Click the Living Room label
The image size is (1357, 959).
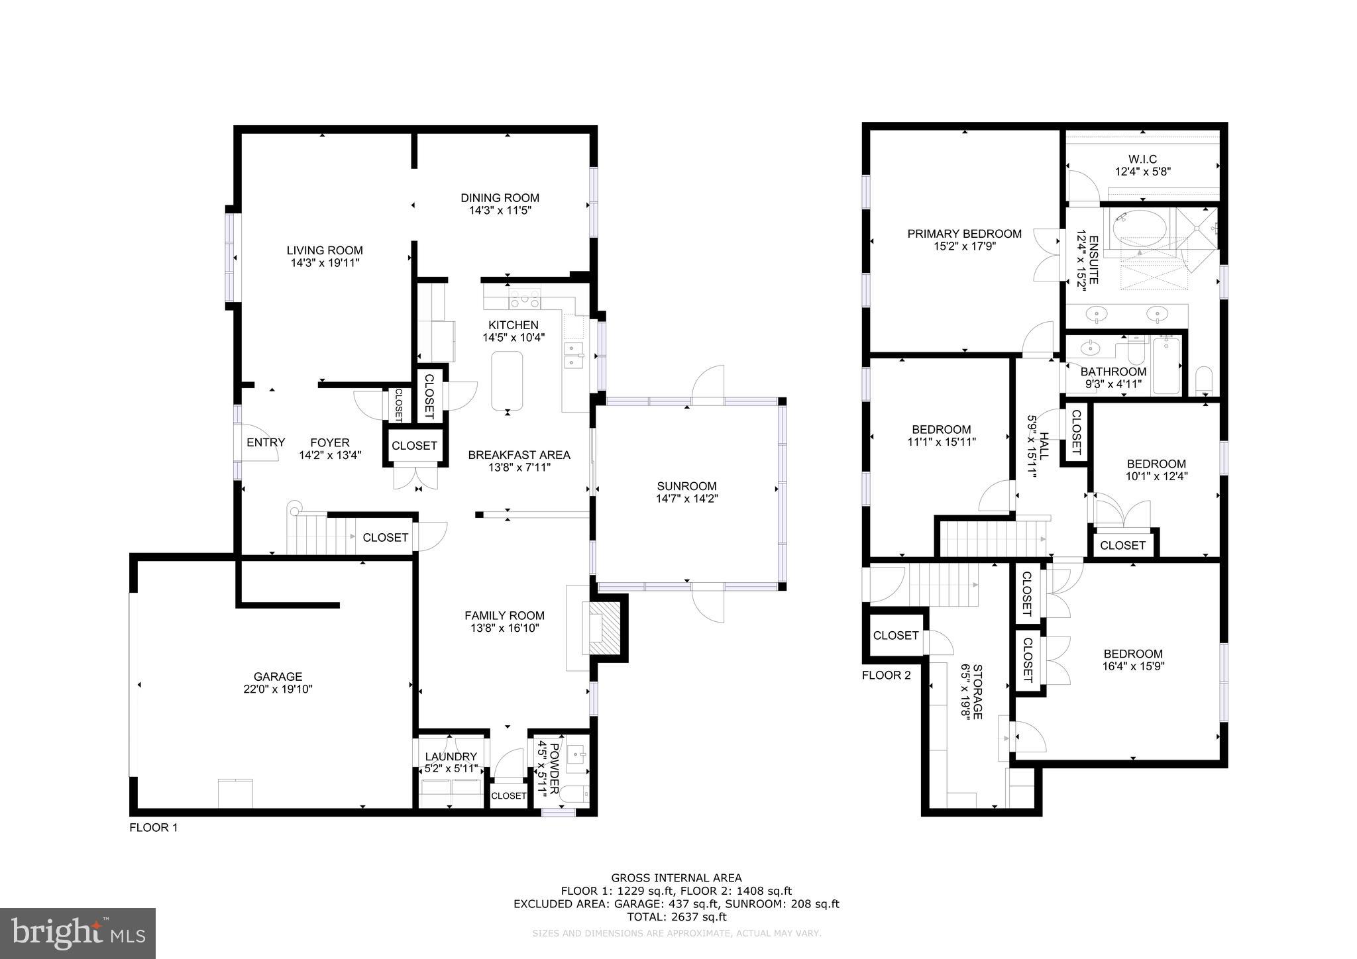click(x=325, y=250)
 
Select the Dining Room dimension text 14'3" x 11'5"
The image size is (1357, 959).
click(x=500, y=211)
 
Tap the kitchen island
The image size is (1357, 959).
click(x=507, y=380)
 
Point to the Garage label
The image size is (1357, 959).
click(x=278, y=676)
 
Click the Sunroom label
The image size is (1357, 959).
click(x=686, y=485)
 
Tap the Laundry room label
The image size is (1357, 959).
click(x=451, y=756)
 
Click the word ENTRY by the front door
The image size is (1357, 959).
click(x=266, y=442)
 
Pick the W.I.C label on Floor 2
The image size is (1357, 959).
click(x=1142, y=159)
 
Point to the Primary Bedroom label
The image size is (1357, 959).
click(x=964, y=233)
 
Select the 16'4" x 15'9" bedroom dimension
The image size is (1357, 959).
click(x=1132, y=666)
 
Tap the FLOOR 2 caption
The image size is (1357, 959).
click(x=886, y=675)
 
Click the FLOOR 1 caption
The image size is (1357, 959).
click(x=153, y=827)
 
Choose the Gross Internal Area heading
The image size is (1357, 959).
click(x=676, y=878)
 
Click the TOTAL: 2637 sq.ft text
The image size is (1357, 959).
click(x=676, y=917)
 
